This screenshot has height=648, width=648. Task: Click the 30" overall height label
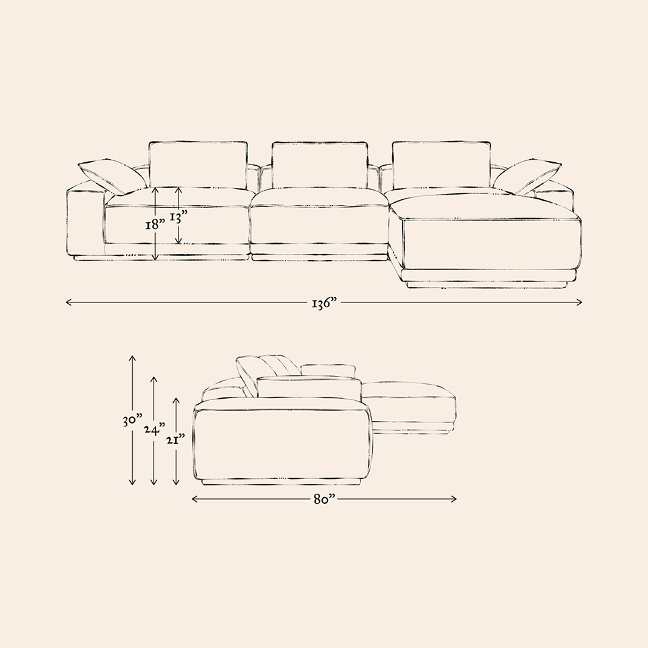tap(132, 421)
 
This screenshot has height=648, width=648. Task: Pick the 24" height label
tap(154, 430)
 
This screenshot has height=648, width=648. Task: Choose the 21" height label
tap(175, 439)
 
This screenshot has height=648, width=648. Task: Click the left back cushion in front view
tap(198, 165)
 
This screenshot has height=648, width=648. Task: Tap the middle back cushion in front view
tap(319, 165)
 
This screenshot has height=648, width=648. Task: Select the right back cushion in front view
tap(441, 165)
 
